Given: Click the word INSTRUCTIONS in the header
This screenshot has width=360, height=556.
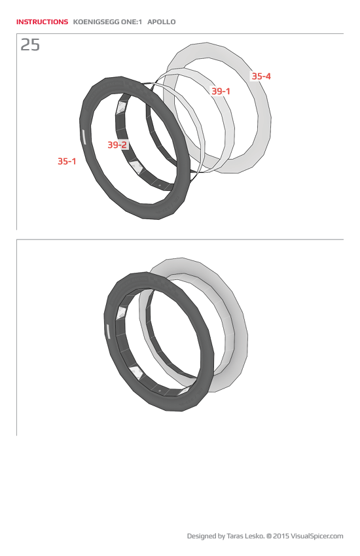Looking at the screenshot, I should coord(42,22).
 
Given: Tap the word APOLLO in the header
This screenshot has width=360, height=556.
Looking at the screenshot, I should coord(161,22).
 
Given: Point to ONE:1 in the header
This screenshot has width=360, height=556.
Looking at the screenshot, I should coord(132,22).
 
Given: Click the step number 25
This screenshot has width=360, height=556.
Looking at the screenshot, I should coord(30,45).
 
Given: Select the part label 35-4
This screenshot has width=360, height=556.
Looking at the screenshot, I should coord(261,77).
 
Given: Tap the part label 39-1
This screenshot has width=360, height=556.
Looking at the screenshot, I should coord(221,92).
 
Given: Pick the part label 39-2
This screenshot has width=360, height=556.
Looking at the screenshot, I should coord(117,145).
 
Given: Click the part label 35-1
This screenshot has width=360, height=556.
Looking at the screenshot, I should coord(67,161).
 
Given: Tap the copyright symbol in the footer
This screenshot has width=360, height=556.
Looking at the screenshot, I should coord(268,536).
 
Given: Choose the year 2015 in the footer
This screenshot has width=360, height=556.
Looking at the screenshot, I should coord(281,536).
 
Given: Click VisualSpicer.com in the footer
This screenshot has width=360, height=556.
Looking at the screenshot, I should coord(317,536).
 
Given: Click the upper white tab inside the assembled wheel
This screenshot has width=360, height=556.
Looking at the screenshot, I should coord(121,313).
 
